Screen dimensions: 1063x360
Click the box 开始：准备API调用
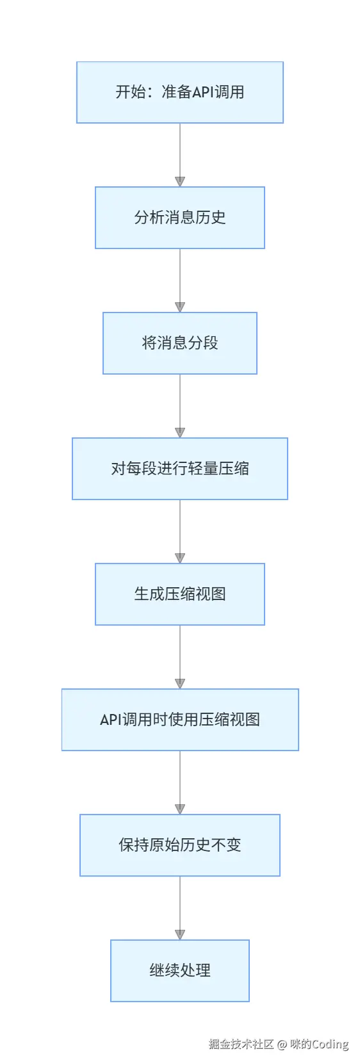179,92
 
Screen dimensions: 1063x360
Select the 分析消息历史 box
179,218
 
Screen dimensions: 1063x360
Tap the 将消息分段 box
179,343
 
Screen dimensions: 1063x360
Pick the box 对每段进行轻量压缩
179,469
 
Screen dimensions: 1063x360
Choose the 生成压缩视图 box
179,594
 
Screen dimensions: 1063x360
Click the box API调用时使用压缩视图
179,720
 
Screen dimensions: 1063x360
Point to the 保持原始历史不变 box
179,845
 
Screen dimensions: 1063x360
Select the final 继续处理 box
179,971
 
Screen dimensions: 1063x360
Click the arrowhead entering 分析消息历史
180,182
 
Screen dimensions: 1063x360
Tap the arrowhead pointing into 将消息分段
180,307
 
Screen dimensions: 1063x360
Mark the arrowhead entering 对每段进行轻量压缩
180,433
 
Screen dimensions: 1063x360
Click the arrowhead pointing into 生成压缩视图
180,558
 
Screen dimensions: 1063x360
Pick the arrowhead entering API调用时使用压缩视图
180,684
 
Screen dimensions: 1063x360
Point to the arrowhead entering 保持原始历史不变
180,809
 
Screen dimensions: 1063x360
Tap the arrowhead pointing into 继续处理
180,935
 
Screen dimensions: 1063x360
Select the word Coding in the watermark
330,1044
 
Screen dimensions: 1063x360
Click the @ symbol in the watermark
282,1044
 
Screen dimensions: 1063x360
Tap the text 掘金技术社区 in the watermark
241,1044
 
